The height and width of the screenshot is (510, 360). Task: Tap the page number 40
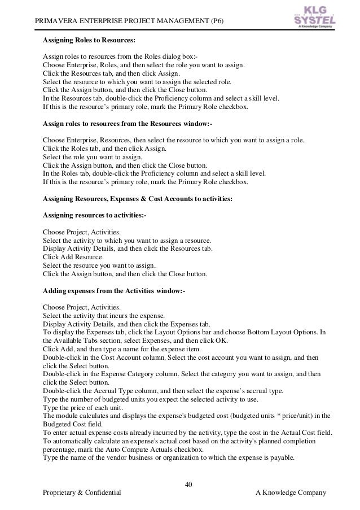click(x=189, y=483)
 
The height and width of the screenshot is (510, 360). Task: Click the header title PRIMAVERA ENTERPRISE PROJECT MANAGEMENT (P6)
click(x=130, y=22)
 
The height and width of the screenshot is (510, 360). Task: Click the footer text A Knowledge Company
click(x=291, y=493)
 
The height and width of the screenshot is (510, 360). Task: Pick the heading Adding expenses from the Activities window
click(x=114, y=291)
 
